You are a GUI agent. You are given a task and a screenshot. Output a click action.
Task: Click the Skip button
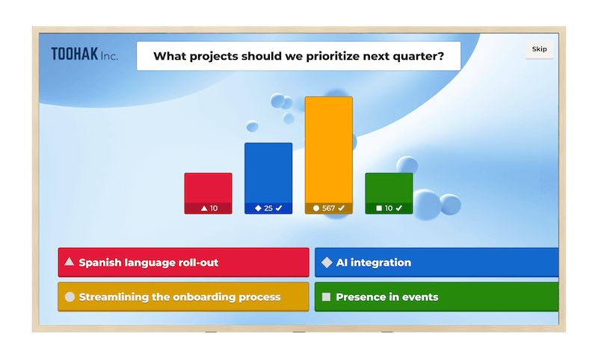click(x=539, y=49)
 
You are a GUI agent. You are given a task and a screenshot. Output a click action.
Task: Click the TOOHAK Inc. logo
click(x=84, y=55)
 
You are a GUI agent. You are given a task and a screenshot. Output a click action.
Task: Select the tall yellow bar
click(x=328, y=149)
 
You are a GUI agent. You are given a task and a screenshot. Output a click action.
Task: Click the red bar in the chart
click(x=208, y=188)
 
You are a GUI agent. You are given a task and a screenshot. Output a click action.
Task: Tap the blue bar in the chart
click(x=268, y=173)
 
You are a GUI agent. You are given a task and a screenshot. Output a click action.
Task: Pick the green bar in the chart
click(x=389, y=188)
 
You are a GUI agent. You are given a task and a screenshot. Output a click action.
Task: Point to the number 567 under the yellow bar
click(x=328, y=208)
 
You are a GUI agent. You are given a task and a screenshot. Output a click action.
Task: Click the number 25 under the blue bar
click(x=268, y=208)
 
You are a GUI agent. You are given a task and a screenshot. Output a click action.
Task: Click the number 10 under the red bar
click(x=214, y=208)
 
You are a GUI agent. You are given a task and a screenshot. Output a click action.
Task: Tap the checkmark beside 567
click(x=342, y=208)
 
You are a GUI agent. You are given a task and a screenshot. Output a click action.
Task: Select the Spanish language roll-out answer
click(x=183, y=263)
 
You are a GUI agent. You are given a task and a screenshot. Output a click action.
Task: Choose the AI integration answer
click(x=437, y=263)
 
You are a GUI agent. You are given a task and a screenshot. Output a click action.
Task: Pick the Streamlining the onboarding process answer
click(x=183, y=297)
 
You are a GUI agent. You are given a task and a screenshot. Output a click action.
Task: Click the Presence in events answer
click(x=437, y=297)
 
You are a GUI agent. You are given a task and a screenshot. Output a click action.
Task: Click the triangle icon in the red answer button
click(x=70, y=262)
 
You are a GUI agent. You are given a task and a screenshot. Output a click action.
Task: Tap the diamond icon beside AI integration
click(x=327, y=263)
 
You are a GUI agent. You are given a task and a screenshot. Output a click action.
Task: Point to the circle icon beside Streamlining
click(x=70, y=297)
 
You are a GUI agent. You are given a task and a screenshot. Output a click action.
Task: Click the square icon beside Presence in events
click(x=327, y=297)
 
